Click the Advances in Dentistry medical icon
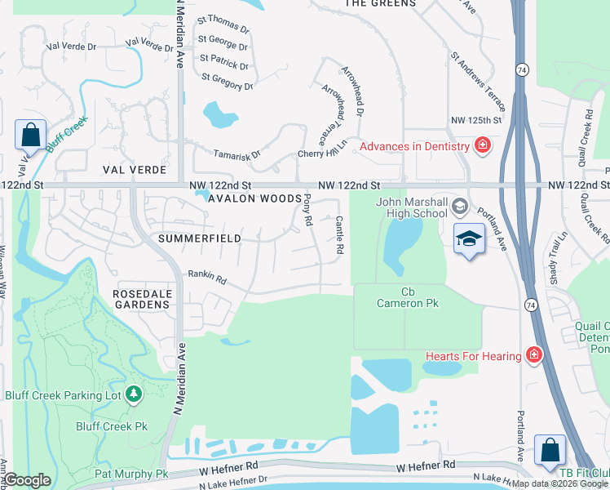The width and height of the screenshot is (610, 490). click(483, 146)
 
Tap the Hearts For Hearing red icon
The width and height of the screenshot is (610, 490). click(533, 355)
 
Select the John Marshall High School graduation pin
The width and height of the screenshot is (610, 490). click(469, 238)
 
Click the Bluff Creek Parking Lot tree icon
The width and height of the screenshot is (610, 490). click(134, 395)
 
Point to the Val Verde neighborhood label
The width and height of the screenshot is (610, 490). click(135, 170)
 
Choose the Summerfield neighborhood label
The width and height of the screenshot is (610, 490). click(199, 238)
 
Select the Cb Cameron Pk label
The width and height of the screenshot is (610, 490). click(408, 297)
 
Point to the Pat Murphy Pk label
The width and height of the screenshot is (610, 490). click(131, 474)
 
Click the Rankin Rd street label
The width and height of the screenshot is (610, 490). click(207, 278)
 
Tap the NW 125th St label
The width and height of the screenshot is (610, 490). click(475, 120)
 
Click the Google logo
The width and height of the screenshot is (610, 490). click(27, 480)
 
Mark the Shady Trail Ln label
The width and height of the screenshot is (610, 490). click(557, 256)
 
